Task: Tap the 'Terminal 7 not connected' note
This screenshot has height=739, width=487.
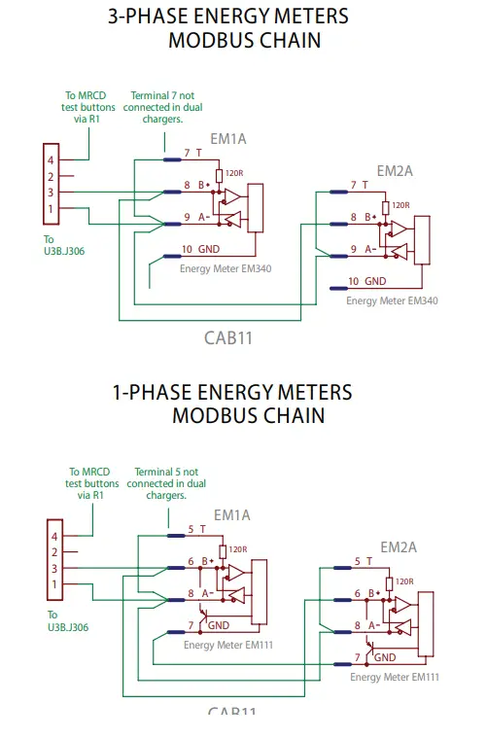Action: tap(157, 107)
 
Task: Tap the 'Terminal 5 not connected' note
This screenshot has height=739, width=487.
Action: tap(161, 483)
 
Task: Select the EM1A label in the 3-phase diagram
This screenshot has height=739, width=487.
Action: tap(228, 139)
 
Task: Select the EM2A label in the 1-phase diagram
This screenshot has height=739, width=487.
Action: tap(399, 546)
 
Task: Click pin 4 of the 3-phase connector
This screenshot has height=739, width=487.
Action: tap(51, 159)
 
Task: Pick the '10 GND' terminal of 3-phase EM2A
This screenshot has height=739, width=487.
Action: tap(365, 282)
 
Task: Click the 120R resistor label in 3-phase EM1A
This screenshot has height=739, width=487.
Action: tap(233, 174)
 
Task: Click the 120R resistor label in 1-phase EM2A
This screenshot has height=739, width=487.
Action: tap(403, 582)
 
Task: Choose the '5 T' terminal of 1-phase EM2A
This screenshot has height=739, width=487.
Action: tap(363, 561)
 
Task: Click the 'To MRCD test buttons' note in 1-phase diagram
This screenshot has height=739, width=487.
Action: tap(91, 483)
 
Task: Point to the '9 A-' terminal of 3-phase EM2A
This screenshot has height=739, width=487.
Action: tap(363, 250)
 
